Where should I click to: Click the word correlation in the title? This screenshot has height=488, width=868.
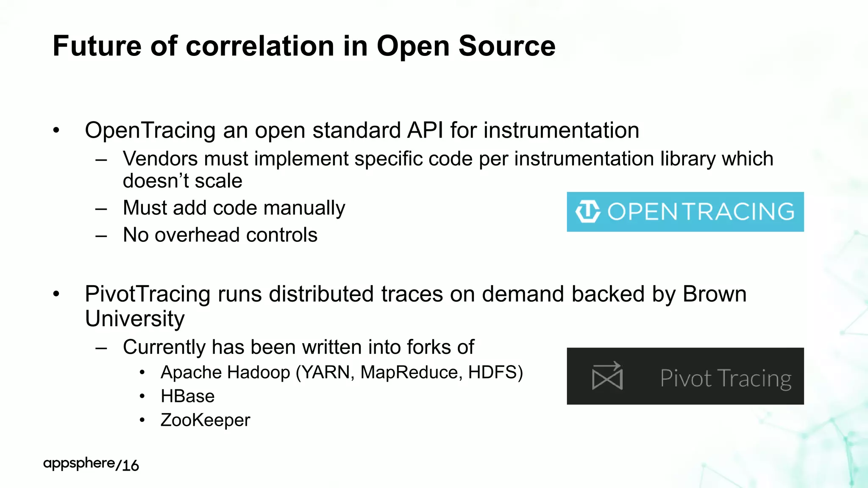click(260, 46)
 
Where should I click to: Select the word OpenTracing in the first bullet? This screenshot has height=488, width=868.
click(150, 130)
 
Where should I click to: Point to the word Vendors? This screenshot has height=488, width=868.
click(160, 159)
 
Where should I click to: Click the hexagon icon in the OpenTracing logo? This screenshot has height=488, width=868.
click(587, 211)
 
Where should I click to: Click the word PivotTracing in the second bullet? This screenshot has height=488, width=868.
click(147, 294)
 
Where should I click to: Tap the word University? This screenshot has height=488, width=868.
click(135, 319)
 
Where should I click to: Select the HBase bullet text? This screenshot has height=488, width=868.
click(187, 396)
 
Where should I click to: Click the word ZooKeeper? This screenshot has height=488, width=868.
click(205, 420)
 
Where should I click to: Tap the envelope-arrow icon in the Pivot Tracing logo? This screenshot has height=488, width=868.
click(607, 376)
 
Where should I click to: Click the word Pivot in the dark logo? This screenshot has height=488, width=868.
click(685, 378)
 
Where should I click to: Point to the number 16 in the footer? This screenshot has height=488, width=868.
click(131, 466)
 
